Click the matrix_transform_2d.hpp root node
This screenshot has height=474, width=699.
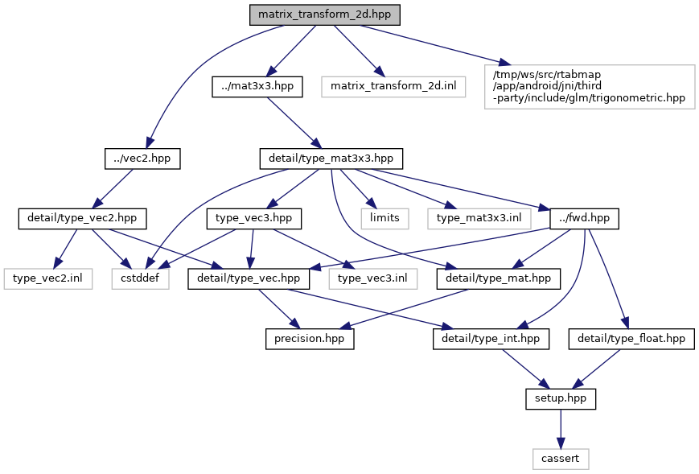click(323, 15)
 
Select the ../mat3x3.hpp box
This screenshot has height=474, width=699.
click(257, 87)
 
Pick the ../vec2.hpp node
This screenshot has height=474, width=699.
click(142, 159)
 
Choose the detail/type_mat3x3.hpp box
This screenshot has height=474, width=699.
click(331, 159)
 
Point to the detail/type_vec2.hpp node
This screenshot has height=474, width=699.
click(77, 217)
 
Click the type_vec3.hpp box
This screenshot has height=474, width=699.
click(254, 217)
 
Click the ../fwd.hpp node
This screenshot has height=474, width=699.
click(583, 217)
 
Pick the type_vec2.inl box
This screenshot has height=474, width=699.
click(47, 278)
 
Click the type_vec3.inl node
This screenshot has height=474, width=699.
click(372, 278)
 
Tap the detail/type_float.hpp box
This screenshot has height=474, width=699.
click(631, 339)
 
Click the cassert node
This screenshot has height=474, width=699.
click(560, 459)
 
